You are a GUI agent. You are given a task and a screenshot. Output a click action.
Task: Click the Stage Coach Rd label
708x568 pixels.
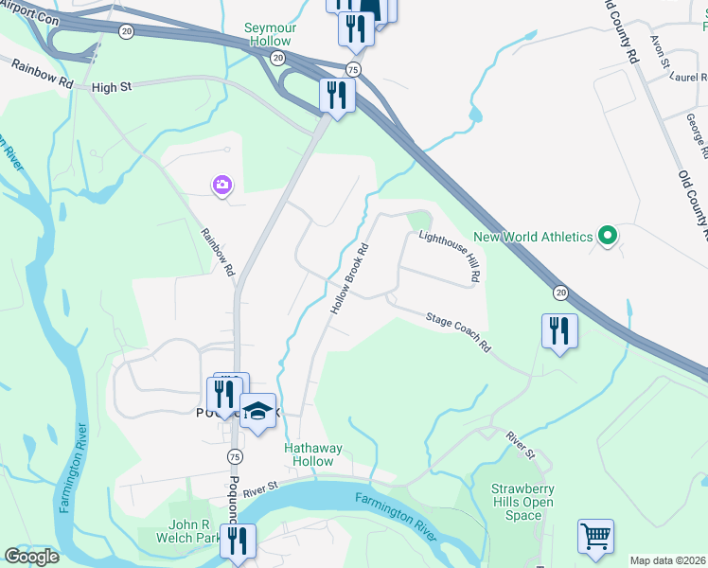pyautogui.click(x=458, y=333)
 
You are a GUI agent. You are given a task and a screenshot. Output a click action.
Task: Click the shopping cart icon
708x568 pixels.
pyautogui.click(x=595, y=536)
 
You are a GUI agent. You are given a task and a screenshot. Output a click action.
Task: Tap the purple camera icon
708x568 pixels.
pyautogui.click(x=222, y=185)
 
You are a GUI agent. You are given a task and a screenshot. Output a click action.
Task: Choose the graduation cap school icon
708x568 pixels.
pyautogui.click(x=257, y=411)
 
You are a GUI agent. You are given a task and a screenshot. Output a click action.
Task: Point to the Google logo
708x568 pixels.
pyautogui.click(x=31, y=557)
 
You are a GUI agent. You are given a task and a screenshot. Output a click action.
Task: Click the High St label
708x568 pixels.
pyautogui.click(x=111, y=87)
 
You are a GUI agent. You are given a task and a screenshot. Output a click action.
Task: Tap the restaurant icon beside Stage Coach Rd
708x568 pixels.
pyautogui.click(x=559, y=331)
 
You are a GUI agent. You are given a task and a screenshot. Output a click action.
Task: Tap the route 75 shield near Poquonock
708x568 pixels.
pyautogui.click(x=234, y=456)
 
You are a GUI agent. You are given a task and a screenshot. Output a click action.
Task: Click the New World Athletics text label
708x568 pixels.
pyautogui.click(x=533, y=237)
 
